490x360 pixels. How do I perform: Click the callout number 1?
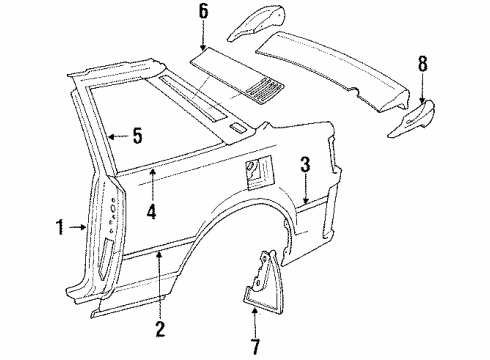pyautogui.click(x=61, y=227)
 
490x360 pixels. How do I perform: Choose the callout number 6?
pyautogui.click(x=203, y=13)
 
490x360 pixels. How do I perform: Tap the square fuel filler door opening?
pyautogui.click(x=256, y=173)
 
